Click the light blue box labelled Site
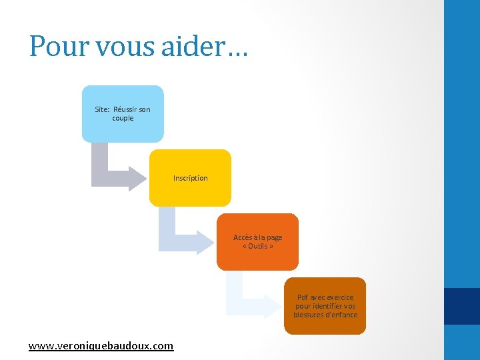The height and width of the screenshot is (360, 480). [x=122, y=113]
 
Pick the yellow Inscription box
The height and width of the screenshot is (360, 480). [x=190, y=177]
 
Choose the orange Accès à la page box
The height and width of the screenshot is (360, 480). [x=257, y=241]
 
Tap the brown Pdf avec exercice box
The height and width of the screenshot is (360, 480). [x=325, y=306]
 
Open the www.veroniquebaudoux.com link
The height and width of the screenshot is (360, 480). [x=101, y=346]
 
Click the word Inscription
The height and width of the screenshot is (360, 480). [x=190, y=178]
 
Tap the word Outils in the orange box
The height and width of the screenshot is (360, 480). [x=257, y=246]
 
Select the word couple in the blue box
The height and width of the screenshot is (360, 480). [x=123, y=118]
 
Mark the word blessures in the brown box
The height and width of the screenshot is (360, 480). [x=307, y=315]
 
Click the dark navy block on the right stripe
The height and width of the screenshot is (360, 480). [x=462, y=306]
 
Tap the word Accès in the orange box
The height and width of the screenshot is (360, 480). [x=241, y=237]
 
